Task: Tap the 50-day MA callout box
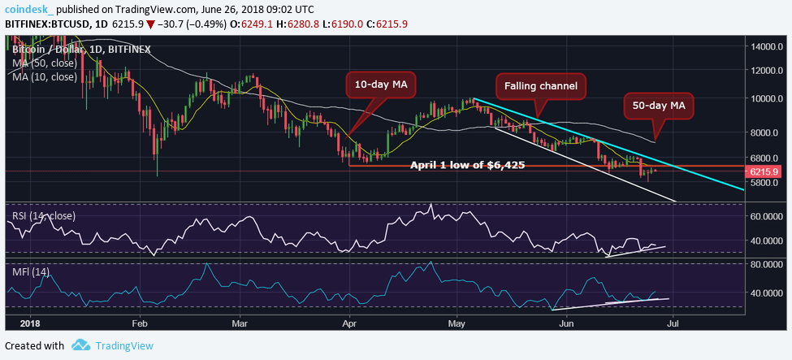[x=657, y=104]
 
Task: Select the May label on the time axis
[x=456, y=323]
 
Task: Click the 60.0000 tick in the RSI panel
[x=766, y=216]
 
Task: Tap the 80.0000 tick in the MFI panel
[x=766, y=264]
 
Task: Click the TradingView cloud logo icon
[x=80, y=346]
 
